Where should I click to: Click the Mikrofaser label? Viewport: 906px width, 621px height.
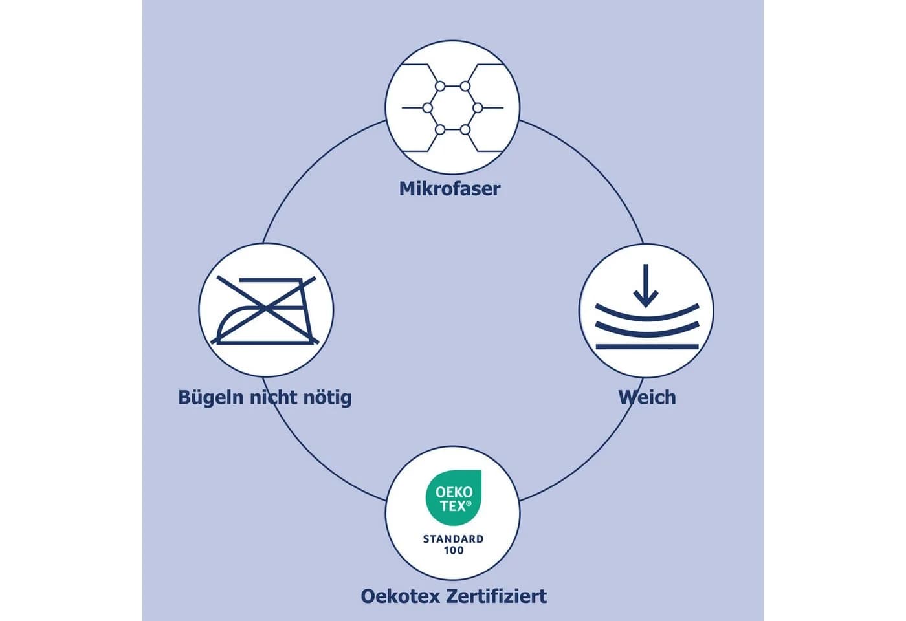click(449, 189)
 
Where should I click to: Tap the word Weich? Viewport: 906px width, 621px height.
click(647, 397)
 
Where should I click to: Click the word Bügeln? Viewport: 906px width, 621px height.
click(211, 398)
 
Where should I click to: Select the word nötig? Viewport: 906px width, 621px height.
click(327, 398)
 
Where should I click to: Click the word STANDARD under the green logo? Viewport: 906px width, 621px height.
click(454, 539)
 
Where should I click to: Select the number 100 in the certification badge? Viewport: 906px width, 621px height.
click(454, 550)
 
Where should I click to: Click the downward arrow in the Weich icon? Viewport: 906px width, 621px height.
click(646, 285)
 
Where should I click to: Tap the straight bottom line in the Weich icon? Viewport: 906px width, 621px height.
click(647, 347)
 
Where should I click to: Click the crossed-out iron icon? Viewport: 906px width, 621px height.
click(265, 310)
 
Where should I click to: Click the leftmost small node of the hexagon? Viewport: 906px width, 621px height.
click(428, 108)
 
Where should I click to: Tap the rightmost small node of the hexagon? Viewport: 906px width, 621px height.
click(478, 108)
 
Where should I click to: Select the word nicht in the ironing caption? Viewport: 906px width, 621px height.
click(273, 397)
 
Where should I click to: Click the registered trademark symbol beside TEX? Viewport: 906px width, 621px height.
click(469, 503)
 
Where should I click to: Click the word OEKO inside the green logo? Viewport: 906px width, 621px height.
click(454, 492)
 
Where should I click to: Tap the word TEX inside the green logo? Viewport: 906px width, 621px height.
click(452, 506)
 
